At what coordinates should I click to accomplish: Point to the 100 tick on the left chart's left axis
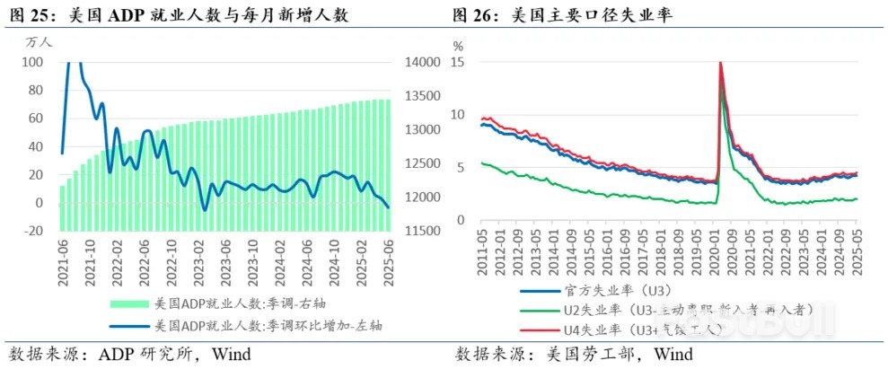32,62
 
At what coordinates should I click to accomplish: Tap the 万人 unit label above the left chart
40,41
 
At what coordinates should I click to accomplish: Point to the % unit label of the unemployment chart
458,45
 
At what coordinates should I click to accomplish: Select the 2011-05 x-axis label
483,251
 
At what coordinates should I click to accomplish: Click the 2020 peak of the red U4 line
720,63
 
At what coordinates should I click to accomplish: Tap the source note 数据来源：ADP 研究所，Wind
130,352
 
